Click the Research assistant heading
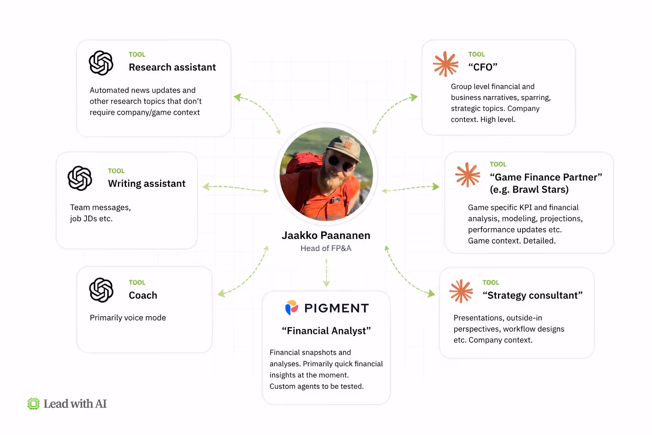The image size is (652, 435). click(172, 67)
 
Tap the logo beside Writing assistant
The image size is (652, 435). click(80, 178)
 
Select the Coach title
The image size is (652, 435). click(143, 295)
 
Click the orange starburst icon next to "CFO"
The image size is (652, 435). click(445, 64)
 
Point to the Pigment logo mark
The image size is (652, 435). click(292, 308)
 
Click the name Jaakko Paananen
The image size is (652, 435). click(326, 235)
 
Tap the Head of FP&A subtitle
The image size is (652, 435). click(326, 248)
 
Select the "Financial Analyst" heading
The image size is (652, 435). click(326, 330)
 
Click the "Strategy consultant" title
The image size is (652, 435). click(533, 295)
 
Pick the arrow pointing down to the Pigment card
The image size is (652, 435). click(326, 273)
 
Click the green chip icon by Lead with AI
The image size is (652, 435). click(34, 404)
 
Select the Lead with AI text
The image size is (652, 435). click(75, 404)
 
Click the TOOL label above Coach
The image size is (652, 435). click(137, 282)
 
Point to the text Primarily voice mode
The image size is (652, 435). click(128, 318)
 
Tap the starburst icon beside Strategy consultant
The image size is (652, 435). click(461, 291)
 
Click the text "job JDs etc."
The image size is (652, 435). click(91, 218)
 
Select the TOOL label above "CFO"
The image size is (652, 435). click(477, 54)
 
